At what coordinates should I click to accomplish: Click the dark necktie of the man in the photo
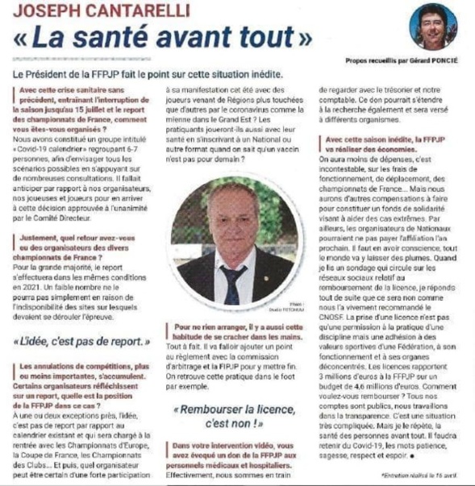coord(234,283)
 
